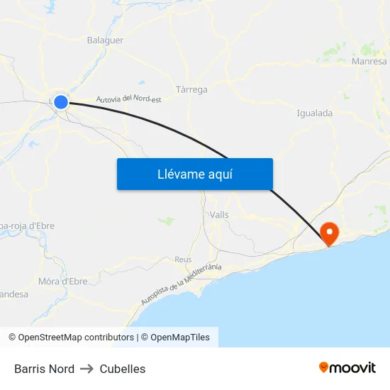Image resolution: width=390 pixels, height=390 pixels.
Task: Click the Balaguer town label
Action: [x=105, y=40]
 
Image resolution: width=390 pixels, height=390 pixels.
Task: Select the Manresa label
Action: [x=369, y=62]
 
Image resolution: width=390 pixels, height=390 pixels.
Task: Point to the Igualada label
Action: [x=314, y=113]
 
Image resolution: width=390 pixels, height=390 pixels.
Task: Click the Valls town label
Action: [x=219, y=214]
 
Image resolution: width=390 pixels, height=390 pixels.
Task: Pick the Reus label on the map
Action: [x=183, y=260]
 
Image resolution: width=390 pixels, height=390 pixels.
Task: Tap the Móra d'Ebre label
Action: [x=63, y=282]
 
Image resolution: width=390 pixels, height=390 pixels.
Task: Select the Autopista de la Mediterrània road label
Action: [x=181, y=284]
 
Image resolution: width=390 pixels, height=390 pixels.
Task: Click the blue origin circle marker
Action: [x=61, y=102]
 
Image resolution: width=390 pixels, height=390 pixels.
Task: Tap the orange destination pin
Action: [x=330, y=233]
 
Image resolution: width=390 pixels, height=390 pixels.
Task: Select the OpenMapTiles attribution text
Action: [x=180, y=338]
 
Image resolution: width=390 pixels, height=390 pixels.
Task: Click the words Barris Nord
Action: [x=44, y=369]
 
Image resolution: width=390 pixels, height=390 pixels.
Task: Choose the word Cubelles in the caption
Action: [x=123, y=369]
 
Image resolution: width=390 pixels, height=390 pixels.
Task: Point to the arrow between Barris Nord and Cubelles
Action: [x=87, y=369]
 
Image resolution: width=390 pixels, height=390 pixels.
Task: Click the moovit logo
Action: [x=347, y=367]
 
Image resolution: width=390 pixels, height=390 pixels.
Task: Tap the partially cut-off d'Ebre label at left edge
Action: [x=28, y=226]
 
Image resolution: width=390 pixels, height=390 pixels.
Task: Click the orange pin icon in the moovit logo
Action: [x=324, y=367]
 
